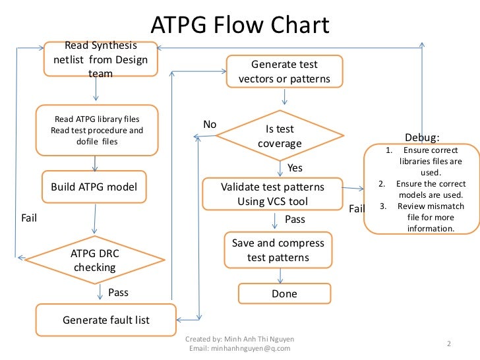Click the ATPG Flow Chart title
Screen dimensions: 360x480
240,25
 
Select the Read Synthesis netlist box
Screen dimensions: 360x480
101,60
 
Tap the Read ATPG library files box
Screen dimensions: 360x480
97,130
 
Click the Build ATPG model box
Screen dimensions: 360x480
94,187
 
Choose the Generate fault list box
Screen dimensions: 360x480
105,320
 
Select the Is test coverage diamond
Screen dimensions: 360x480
280,136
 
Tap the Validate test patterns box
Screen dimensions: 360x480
272,194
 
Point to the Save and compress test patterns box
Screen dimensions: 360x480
278,250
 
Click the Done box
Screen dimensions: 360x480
284,293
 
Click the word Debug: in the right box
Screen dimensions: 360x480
421,138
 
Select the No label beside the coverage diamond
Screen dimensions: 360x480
210,125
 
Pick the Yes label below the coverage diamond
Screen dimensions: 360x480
295,168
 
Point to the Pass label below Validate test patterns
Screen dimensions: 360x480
295,218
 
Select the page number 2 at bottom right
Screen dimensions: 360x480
448,344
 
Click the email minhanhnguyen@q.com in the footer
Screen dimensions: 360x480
240,347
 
